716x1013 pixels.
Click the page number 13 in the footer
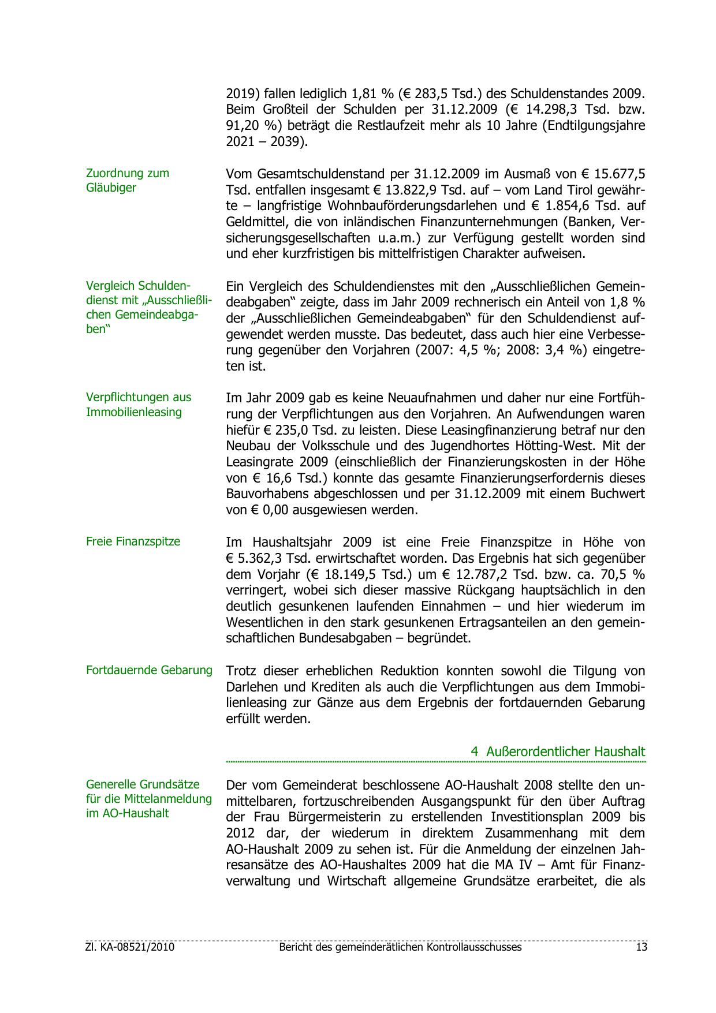click(641, 947)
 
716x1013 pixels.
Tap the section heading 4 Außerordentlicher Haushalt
click(558, 751)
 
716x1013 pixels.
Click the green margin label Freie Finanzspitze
click(133, 541)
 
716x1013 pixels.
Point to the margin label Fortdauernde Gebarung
click(149, 670)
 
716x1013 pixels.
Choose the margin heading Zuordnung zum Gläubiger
click(128, 180)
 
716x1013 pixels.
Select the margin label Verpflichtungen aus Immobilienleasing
click(139, 404)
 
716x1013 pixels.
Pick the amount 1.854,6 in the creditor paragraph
click(554, 206)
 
